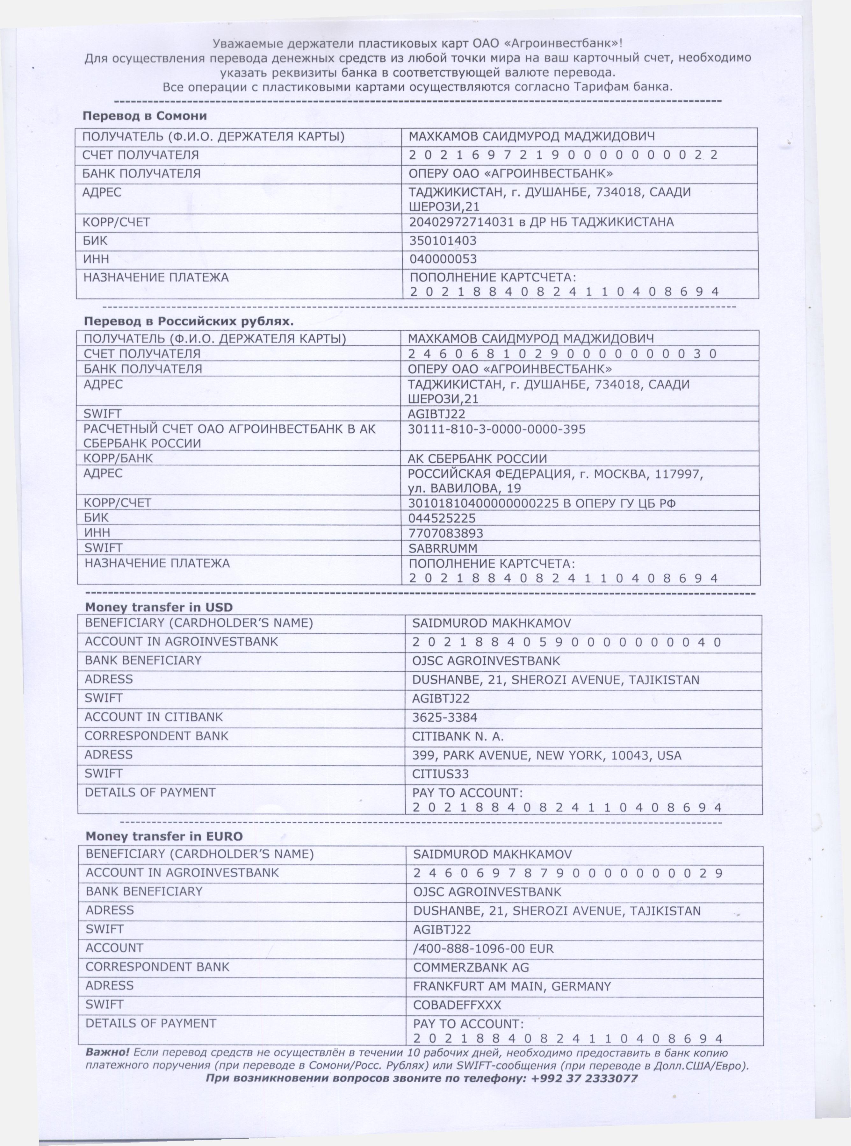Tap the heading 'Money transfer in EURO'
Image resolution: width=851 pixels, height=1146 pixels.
164,836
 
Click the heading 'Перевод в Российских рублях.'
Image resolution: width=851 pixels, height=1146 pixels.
189,321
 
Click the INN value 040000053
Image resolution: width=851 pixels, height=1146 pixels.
443,259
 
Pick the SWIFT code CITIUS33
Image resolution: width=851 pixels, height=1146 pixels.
440,774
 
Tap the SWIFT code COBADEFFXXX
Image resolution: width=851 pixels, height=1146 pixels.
457,1005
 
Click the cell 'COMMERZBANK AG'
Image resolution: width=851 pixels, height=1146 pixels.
471,967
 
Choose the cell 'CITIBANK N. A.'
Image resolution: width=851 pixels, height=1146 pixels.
458,737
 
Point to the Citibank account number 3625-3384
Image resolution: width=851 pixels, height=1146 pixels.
444,717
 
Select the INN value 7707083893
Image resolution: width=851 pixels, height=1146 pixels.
446,534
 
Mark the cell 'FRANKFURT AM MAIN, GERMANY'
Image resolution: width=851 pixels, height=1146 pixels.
512,986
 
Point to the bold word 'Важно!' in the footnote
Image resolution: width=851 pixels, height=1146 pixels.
107,1053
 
